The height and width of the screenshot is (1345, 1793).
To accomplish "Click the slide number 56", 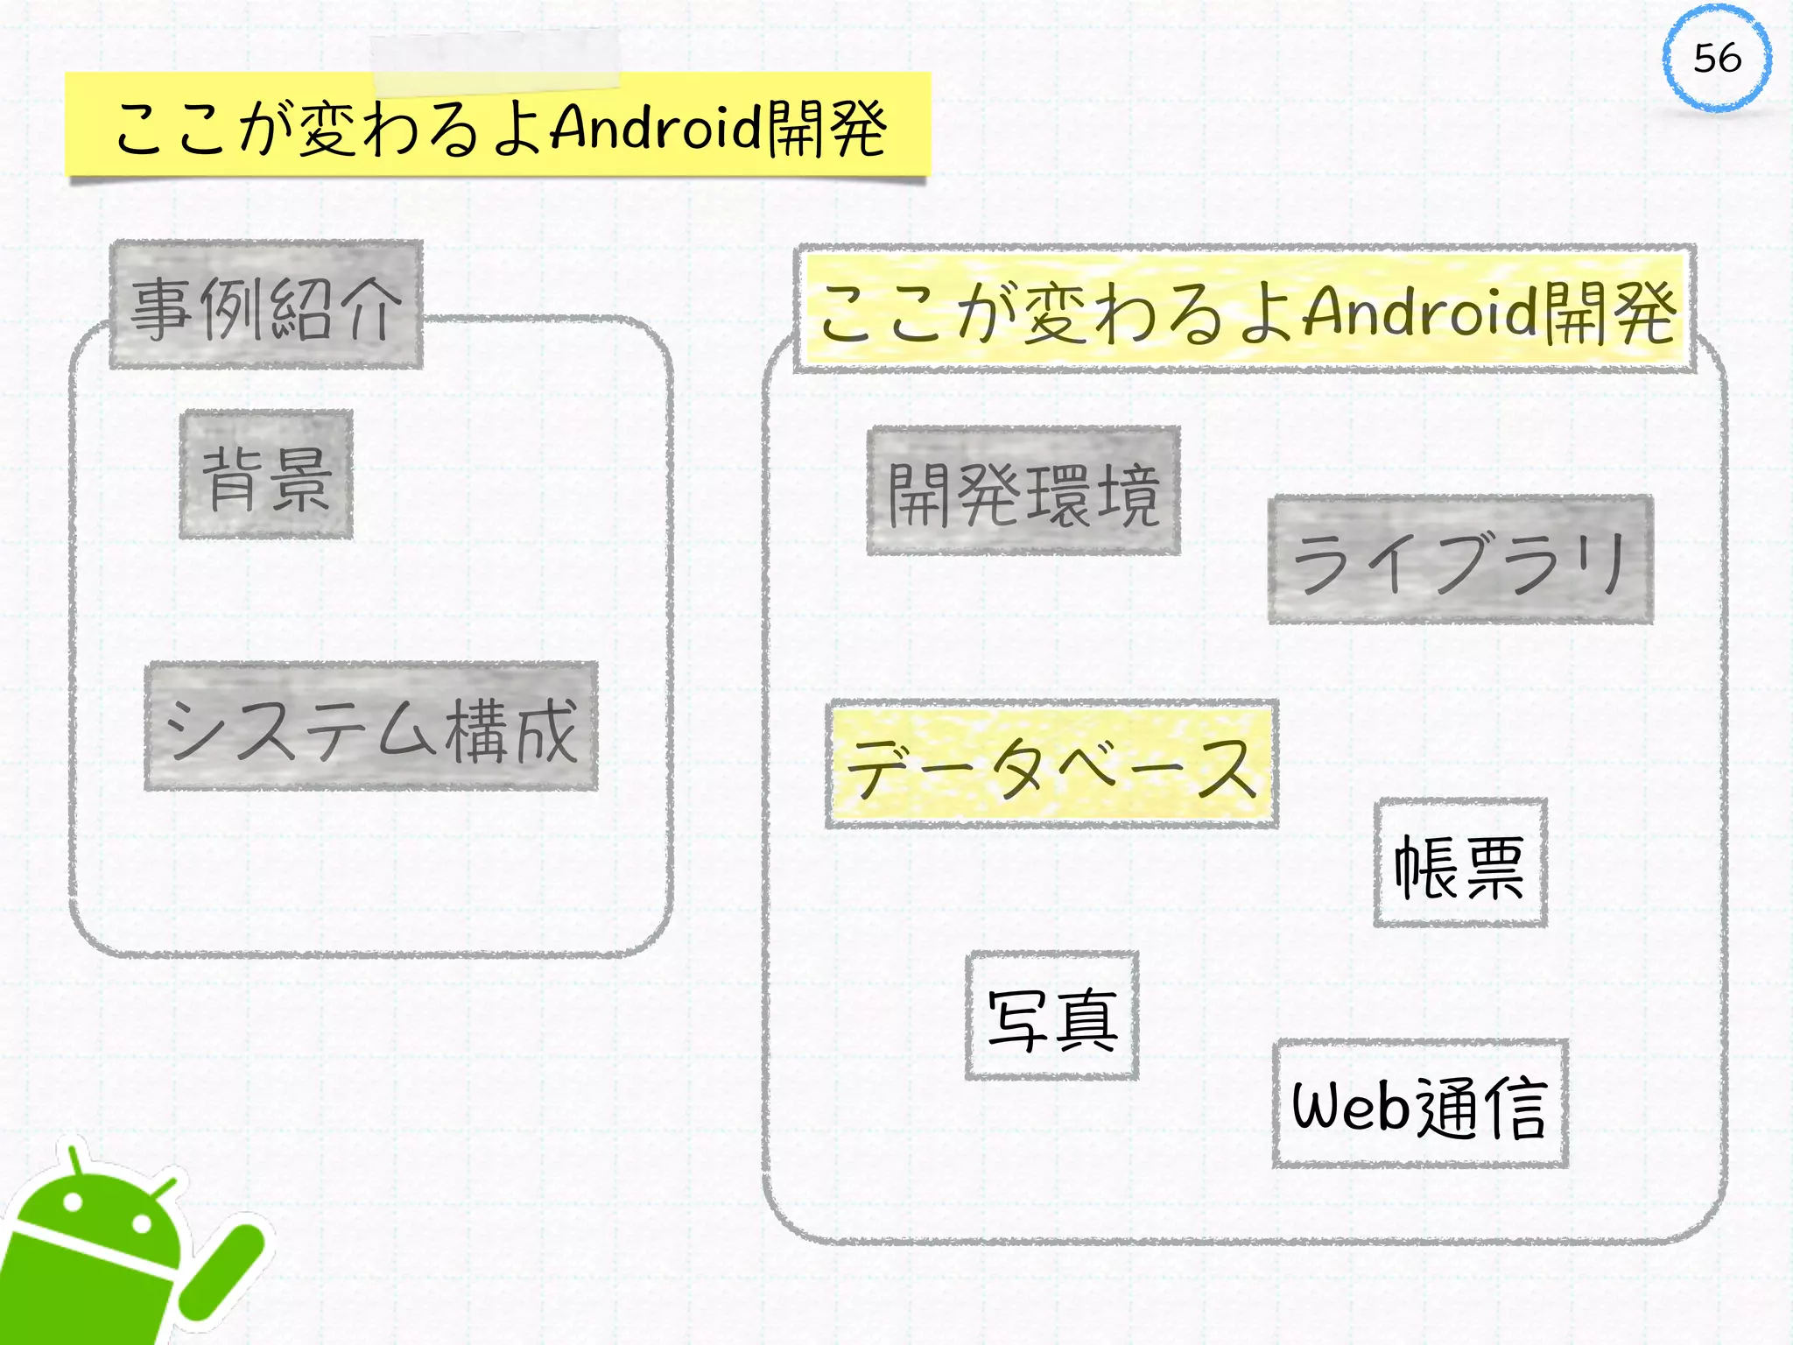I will (1717, 59).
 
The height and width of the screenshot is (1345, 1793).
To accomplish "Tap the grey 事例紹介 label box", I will (266, 305).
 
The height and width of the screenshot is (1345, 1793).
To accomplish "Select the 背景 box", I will (266, 475).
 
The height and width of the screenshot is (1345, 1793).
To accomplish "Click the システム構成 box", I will (371, 727).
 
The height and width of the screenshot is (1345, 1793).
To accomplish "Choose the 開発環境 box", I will (1023, 491).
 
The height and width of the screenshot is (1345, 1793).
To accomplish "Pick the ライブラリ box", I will (1460, 560).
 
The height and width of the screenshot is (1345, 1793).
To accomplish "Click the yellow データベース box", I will (1051, 764).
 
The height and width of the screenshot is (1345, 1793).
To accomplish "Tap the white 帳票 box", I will (1460, 863).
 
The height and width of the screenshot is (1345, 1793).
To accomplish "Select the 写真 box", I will (1052, 1016).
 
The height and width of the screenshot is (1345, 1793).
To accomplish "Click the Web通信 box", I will (1420, 1104).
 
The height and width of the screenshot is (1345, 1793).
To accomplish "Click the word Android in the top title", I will (657, 127).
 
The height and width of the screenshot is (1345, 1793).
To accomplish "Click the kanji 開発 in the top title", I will (826, 129).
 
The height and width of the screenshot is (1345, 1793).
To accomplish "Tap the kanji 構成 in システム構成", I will (511, 730).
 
